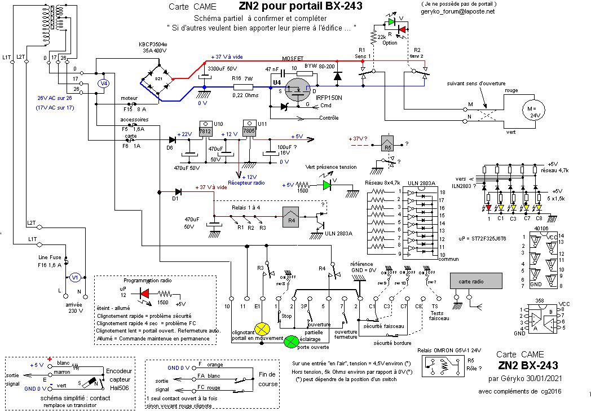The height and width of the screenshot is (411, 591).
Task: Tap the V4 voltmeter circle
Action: click(x=103, y=84)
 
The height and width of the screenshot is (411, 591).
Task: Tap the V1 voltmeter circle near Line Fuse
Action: click(x=73, y=277)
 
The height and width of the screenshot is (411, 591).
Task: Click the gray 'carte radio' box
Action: click(x=475, y=281)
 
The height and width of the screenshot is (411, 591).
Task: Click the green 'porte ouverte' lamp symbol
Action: click(x=291, y=341)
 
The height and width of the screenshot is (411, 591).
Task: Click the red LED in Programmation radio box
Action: click(x=145, y=294)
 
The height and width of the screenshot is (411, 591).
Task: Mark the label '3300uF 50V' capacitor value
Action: click(x=222, y=68)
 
